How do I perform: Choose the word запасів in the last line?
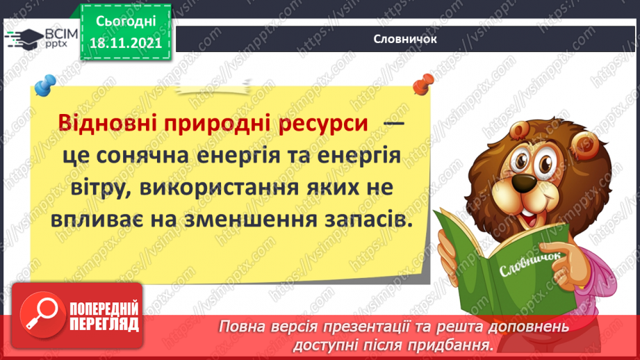pyautogui.click(x=361, y=219)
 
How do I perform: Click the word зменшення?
pyautogui.click(x=237, y=219)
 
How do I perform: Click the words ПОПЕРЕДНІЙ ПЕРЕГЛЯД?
pyautogui.click(x=104, y=316)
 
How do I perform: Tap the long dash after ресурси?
pyautogui.click(x=393, y=124)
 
